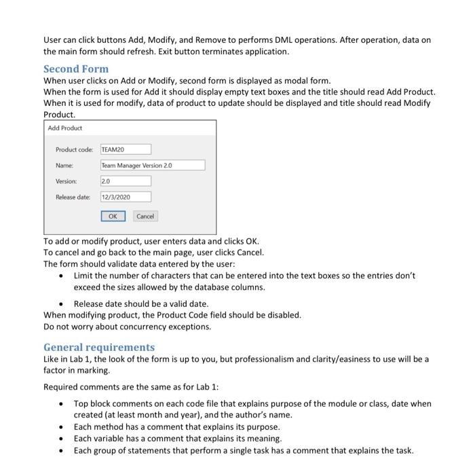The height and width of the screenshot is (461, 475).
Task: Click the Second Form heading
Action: [x=75, y=69]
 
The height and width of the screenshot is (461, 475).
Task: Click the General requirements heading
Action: [x=99, y=347]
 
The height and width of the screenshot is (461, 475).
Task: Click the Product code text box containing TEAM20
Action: [x=126, y=149]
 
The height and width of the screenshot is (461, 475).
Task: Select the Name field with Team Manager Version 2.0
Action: [x=152, y=165]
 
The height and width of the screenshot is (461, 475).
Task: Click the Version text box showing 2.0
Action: [x=126, y=181]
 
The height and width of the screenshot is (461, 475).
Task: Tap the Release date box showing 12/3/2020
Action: [x=126, y=197]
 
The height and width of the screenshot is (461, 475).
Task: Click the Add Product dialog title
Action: [x=65, y=128]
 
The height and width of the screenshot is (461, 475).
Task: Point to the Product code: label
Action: [x=75, y=149]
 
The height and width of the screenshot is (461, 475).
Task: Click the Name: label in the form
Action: [x=64, y=165]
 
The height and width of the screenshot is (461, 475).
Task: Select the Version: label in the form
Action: [x=66, y=181]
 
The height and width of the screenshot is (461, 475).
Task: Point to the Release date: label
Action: [x=74, y=197]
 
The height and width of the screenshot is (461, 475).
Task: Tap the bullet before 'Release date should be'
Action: [x=62, y=303]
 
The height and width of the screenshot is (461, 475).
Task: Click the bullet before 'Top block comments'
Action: [x=62, y=403]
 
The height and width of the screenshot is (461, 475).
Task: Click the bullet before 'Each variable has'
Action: [x=62, y=439]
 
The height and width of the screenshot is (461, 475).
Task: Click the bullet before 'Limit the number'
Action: [x=62, y=276]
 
